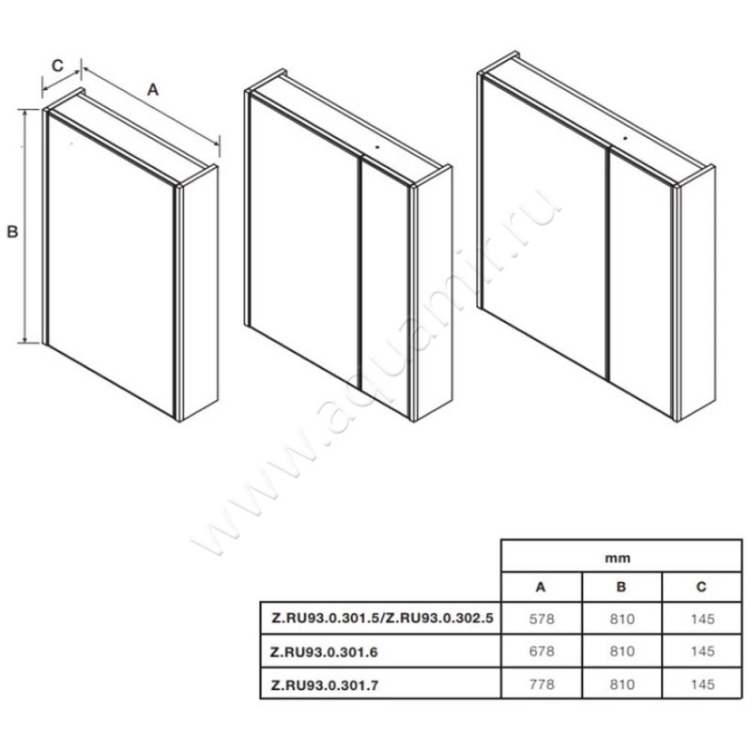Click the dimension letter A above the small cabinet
[x=152, y=89]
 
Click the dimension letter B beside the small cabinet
[x=12, y=232]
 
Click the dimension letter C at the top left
[x=57, y=65]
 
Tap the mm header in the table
[x=618, y=559]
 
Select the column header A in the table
[x=541, y=587]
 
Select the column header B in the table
[x=621, y=587]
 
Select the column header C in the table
[x=701, y=587]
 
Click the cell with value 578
[x=542, y=619]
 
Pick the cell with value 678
[x=542, y=651]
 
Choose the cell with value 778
[x=542, y=684]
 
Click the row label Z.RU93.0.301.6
[x=324, y=652]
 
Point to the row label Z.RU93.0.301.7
[x=324, y=685]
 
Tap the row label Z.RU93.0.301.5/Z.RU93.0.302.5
[x=382, y=619]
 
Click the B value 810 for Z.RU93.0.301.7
[x=622, y=684]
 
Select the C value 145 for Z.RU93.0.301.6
[x=702, y=651]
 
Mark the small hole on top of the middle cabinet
[x=377, y=147]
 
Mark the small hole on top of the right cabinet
[x=624, y=139]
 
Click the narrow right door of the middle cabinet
[x=385, y=287]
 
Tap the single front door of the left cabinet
[x=111, y=265]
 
